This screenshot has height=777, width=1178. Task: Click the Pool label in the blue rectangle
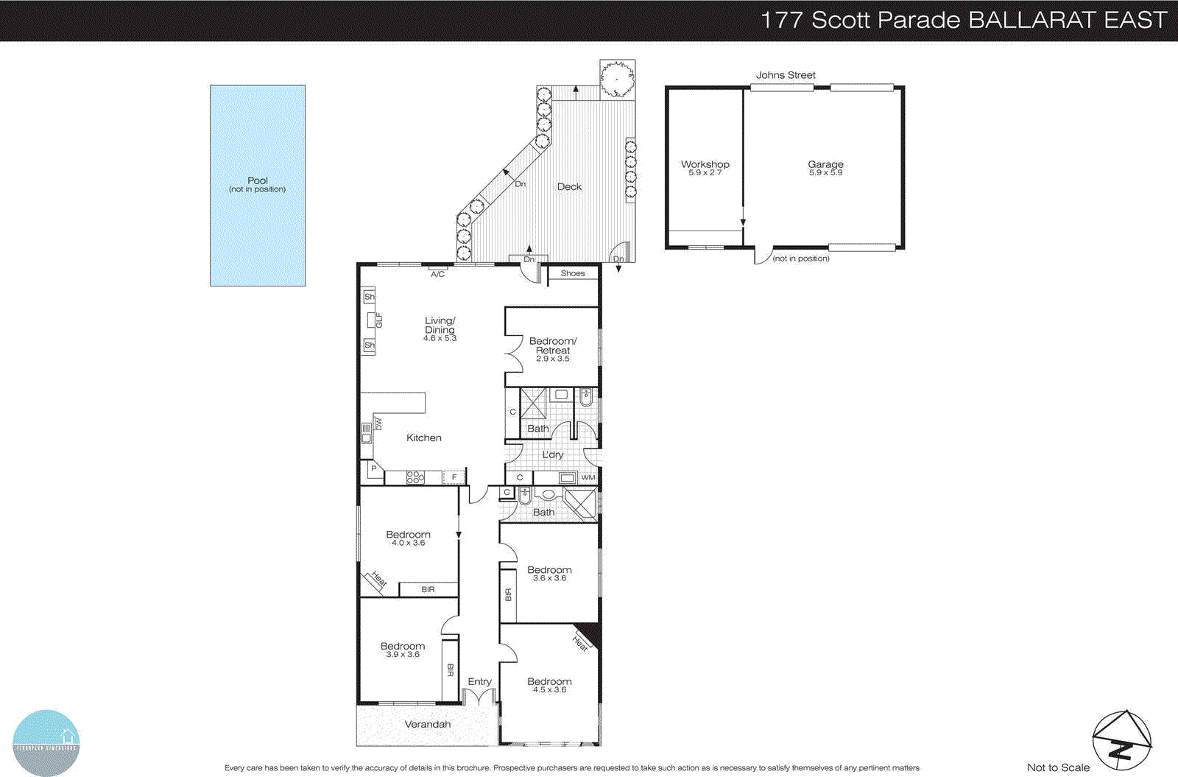pyautogui.click(x=258, y=184)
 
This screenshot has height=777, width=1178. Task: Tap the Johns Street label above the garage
pyautogui.click(x=786, y=75)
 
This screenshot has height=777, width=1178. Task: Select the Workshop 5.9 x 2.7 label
pyautogui.click(x=705, y=168)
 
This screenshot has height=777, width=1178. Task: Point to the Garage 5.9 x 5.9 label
pyautogui.click(x=825, y=168)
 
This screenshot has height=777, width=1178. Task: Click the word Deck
pyautogui.click(x=569, y=187)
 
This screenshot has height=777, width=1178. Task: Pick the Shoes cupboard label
pyautogui.click(x=573, y=274)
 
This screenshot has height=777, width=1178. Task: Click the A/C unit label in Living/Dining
pyautogui.click(x=437, y=274)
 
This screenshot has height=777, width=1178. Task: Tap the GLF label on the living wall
pyautogui.click(x=379, y=320)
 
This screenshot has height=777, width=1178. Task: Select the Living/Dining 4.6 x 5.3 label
pyautogui.click(x=440, y=329)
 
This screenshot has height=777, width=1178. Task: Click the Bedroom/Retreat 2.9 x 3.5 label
pyautogui.click(x=553, y=349)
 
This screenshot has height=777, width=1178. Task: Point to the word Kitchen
pyautogui.click(x=424, y=438)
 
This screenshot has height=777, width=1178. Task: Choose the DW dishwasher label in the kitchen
pyautogui.click(x=378, y=424)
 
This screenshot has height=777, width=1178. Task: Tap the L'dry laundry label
pyautogui.click(x=553, y=455)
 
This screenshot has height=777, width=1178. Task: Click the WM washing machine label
pyautogui.click(x=588, y=478)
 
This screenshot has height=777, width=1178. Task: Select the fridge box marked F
pyautogui.click(x=454, y=478)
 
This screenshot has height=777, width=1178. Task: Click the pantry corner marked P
pyautogui.click(x=374, y=468)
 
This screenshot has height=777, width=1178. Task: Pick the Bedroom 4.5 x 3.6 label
pyautogui.click(x=549, y=685)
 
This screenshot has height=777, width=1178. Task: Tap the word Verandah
pyautogui.click(x=428, y=725)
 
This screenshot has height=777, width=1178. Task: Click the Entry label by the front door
pyautogui.click(x=479, y=682)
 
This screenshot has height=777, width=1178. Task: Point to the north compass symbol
pyautogui.click(x=1121, y=740)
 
